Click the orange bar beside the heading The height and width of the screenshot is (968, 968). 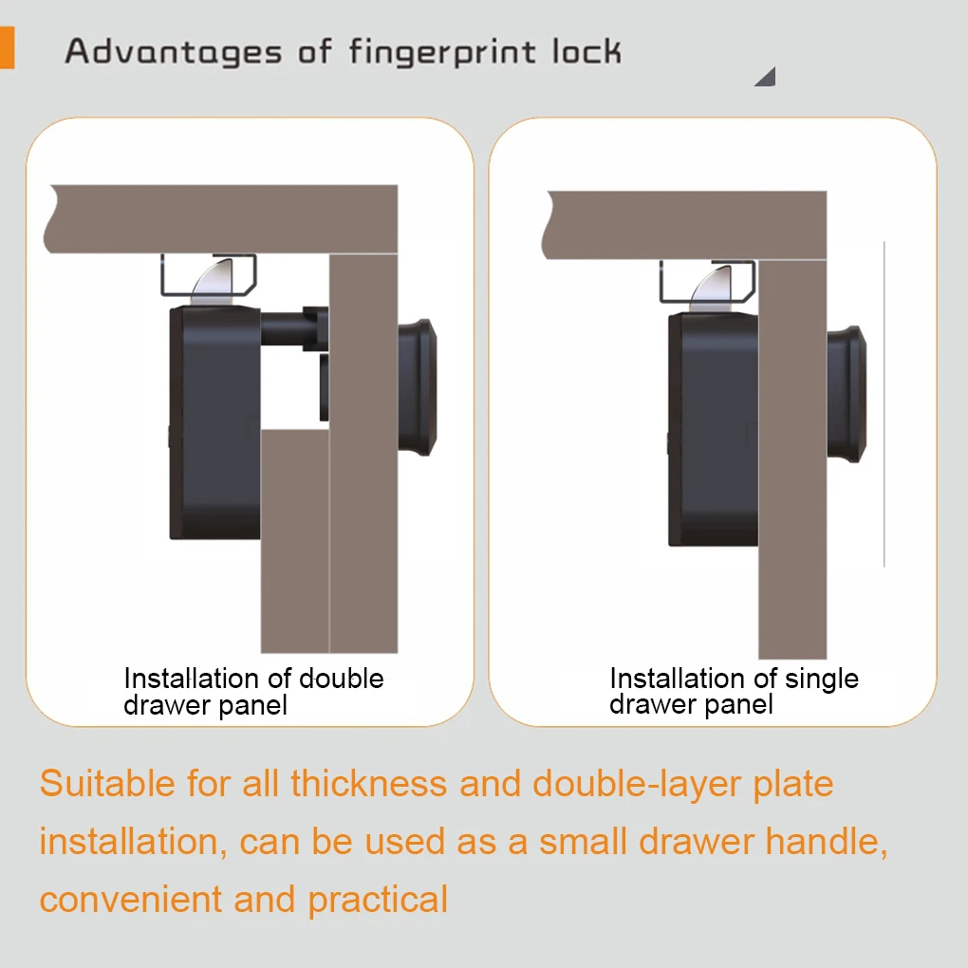7,47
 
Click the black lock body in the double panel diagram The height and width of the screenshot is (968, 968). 214,423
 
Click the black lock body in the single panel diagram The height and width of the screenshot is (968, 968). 714,430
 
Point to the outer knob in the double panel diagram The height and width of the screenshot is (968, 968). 418,387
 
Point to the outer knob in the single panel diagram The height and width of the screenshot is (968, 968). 847,394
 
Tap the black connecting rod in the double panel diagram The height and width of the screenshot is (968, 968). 294,328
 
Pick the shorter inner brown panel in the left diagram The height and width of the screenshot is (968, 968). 295,541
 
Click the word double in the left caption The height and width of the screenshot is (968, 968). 342,679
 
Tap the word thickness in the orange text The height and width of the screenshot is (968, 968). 368,783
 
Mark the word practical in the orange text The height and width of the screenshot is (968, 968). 378,901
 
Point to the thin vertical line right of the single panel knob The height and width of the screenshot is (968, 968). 884,403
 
